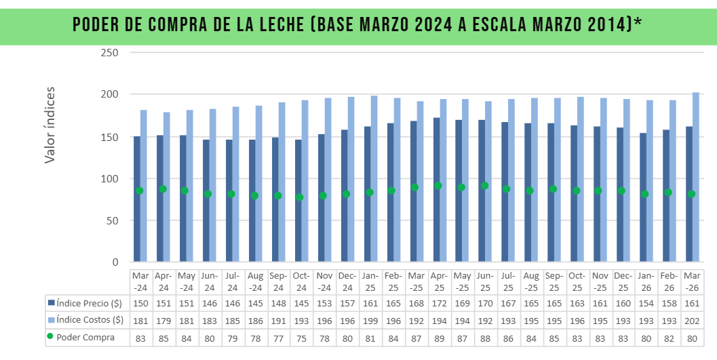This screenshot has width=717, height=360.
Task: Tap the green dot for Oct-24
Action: (x=299, y=197)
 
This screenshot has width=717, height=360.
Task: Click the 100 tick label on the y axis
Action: (x=109, y=179)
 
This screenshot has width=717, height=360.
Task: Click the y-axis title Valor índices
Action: (x=50, y=125)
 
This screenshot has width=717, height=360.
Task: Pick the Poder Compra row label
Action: (x=85, y=337)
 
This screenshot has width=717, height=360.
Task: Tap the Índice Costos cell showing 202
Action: (x=692, y=319)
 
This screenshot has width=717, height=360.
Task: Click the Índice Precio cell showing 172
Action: (x=439, y=302)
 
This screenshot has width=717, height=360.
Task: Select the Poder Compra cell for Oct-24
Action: (x=301, y=337)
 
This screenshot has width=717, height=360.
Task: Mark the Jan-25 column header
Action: (x=370, y=281)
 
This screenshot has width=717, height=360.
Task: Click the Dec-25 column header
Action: (x=623, y=281)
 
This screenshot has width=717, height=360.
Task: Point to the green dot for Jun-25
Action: (x=484, y=186)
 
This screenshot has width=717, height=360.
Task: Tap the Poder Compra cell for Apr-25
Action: (x=439, y=337)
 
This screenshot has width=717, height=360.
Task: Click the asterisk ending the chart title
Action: (x=638, y=21)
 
